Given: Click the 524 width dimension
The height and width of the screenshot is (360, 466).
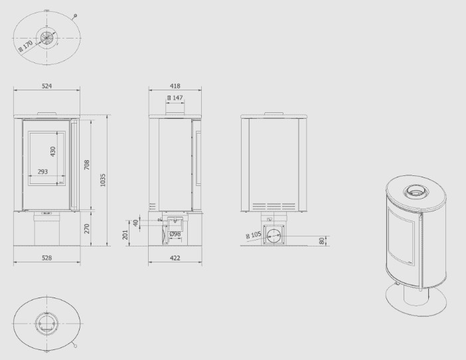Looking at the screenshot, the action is click(x=46, y=86).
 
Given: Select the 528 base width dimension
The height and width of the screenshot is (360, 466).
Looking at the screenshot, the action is click(x=46, y=258).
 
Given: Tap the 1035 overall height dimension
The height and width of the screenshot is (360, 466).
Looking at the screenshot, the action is click(x=103, y=180).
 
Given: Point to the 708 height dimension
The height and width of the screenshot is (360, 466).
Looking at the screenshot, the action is click(x=86, y=165).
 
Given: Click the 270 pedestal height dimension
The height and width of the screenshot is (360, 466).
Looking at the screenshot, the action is click(x=86, y=228).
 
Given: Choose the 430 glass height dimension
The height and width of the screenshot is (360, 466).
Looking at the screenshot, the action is click(x=52, y=151).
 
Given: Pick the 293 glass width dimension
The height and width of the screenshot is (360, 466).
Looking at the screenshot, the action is click(x=42, y=171).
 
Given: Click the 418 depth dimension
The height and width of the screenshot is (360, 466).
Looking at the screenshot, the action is click(x=175, y=86).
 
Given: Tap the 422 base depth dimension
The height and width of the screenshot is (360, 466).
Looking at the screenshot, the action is click(x=175, y=258).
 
